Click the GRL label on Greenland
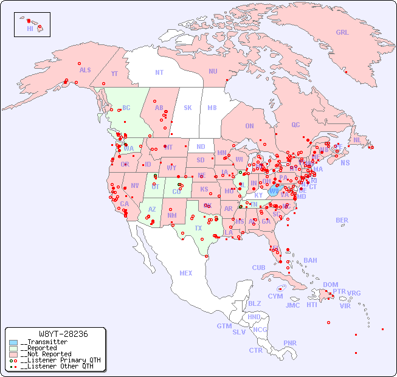[342, 33]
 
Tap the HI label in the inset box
[30, 29]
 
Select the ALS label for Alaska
[85, 70]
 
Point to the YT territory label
[114, 74]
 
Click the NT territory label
[159, 72]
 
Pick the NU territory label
[213, 71]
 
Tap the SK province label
[188, 108]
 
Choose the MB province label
[212, 108]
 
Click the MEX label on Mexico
[186, 273]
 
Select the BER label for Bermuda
[342, 220]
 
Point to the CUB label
[258, 268]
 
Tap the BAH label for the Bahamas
[310, 260]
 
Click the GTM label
[224, 326]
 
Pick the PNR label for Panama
[290, 343]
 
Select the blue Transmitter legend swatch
[13, 342]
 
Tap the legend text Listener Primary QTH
[60, 360]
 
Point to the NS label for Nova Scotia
[345, 163]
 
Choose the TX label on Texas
[198, 228]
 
